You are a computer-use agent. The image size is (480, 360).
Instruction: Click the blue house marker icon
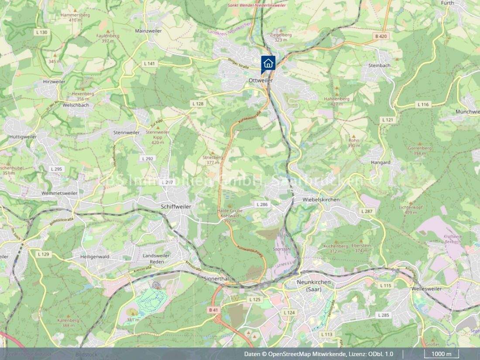coord(268,62)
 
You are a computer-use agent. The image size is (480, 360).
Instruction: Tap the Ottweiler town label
coord(260,81)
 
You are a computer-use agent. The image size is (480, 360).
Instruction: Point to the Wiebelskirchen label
coord(321,199)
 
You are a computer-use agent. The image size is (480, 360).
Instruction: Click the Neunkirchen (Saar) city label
coord(313,285)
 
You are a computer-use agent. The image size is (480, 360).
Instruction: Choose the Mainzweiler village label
coord(148,31)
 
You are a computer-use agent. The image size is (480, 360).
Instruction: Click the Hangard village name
coord(381,162)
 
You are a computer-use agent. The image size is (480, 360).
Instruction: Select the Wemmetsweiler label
coord(60,193)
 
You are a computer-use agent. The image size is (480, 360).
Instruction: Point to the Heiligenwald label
coord(95,257)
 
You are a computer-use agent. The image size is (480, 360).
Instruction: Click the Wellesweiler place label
coord(426,289)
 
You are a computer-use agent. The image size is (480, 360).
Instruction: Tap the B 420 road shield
coord(381,36)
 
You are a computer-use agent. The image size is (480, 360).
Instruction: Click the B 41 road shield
coord(213,310)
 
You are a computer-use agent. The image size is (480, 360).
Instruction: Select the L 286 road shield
coord(262,204)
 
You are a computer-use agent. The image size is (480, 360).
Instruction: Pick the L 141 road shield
coord(149,64)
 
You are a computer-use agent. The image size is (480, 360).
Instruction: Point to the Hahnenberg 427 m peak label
coord(336,102)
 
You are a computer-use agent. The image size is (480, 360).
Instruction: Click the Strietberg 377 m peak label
coord(213,160)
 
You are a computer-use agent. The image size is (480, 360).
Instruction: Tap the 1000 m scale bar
coord(442,354)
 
